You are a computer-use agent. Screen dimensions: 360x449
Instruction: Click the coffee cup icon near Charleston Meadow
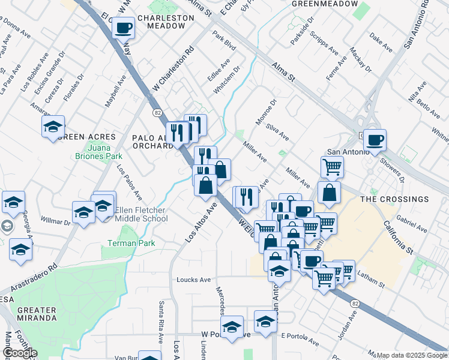click(124, 27)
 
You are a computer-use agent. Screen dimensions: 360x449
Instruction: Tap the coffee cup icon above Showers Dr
click(375, 140)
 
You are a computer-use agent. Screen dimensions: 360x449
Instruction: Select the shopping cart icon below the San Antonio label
click(332, 166)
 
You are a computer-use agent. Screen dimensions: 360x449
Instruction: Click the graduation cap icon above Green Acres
click(53, 126)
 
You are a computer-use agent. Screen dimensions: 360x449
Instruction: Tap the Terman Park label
click(131, 243)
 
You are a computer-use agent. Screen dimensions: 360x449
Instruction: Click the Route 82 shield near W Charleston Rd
click(158, 112)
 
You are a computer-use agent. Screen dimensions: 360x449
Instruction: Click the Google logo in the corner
click(20, 353)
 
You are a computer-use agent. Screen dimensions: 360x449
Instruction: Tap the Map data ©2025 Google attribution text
click(412, 355)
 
